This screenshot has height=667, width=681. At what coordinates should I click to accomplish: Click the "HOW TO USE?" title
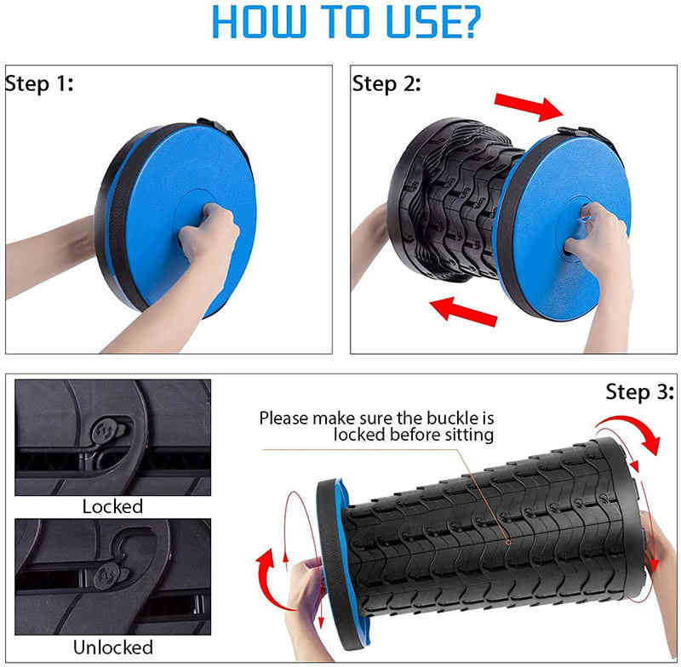pyautogui.click(x=346, y=22)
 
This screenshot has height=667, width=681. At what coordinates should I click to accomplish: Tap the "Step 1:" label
pyautogui.click(x=39, y=83)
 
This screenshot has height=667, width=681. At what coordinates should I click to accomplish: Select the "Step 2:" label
pyautogui.click(x=386, y=83)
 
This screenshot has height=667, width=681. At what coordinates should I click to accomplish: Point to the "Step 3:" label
pyautogui.click(x=640, y=392)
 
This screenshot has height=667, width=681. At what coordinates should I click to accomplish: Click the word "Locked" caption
pyautogui.click(x=112, y=506)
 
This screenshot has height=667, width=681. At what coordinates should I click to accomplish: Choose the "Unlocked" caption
pyautogui.click(x=113, y=647)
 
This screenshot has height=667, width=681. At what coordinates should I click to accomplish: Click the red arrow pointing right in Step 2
pyautogui.click(x=529, y=105)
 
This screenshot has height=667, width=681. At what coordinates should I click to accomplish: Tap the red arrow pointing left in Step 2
pyautogui.click(x=463, y=311)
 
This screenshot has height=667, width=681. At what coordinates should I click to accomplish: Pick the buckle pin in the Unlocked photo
pyautogui.click(x=108, y=576)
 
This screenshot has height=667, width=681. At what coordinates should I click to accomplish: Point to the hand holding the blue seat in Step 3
pyautogui.click(x=306, y=607)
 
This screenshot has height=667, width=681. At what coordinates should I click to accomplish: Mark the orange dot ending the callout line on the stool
pyautogui.click(x=507, y=542)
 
